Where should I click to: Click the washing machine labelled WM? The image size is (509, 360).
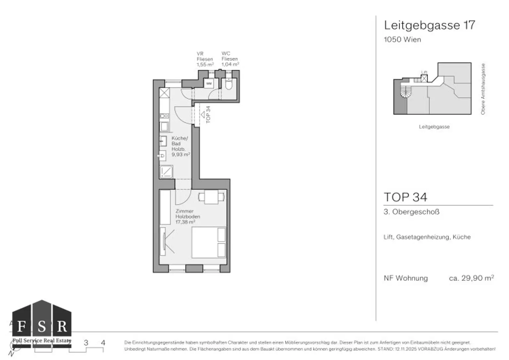tap(209, 83)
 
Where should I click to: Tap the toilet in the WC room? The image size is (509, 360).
tap(229, 85)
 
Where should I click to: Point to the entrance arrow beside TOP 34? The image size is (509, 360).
tap(202, 114)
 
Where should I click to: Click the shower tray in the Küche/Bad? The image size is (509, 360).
tap(166, 172)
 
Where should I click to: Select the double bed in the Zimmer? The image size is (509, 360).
tap(209, 242)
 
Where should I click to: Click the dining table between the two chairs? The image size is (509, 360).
tap(211, 197)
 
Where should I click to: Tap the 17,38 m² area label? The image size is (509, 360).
tap(185, 222)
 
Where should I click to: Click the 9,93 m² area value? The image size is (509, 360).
tap(181, 155)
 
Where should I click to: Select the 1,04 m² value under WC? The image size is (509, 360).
tap(230, 65)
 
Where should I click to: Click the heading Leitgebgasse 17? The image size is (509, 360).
tap(429, 25)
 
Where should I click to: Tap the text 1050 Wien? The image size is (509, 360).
tap(402, 39)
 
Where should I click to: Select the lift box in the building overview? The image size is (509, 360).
tap(424, 78)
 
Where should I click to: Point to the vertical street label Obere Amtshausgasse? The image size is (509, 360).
tap(483, 89)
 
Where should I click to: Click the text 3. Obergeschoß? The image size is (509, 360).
tap(411, 212)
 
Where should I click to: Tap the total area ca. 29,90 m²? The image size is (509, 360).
tap(471, 278)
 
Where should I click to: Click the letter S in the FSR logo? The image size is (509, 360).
tap(42, 327)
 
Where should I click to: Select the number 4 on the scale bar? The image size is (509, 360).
tap(103, 343)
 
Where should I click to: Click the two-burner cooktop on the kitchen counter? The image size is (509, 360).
tap(164, 116)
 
